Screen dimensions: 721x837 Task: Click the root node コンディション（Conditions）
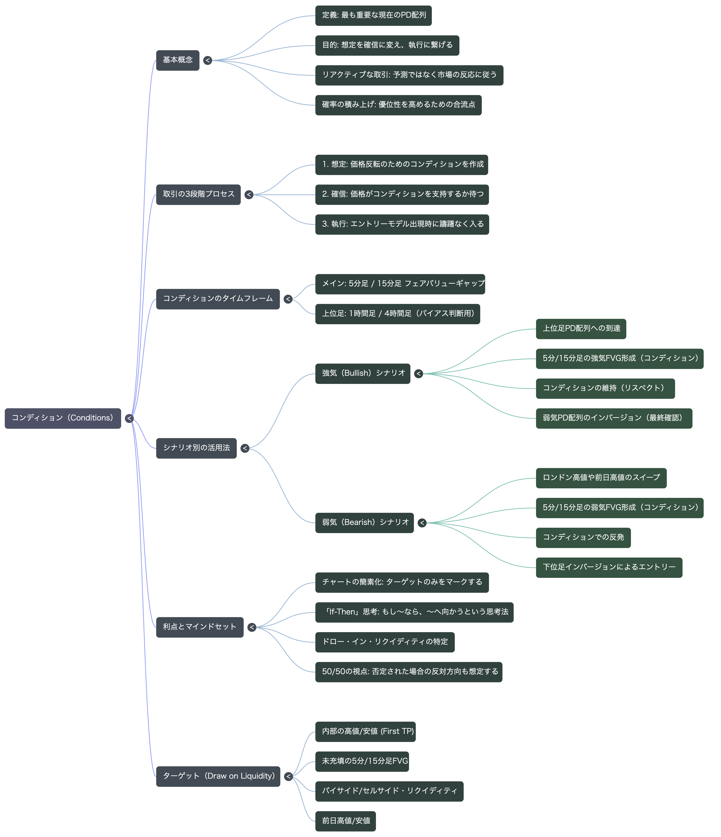point(63,418)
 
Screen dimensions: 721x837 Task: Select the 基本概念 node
point(178,60)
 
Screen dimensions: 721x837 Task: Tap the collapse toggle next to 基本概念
point(208,60)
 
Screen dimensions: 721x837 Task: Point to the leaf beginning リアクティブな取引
point(409,75)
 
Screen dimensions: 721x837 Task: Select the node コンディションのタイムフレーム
point(218,299)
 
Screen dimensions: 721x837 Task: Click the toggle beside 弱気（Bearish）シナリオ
point(422,523)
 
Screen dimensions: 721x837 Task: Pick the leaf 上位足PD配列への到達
point(581,329)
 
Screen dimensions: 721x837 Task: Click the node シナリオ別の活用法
point(196,448)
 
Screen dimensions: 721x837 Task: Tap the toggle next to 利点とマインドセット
point(252,627)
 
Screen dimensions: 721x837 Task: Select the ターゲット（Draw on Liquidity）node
point(218,776)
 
